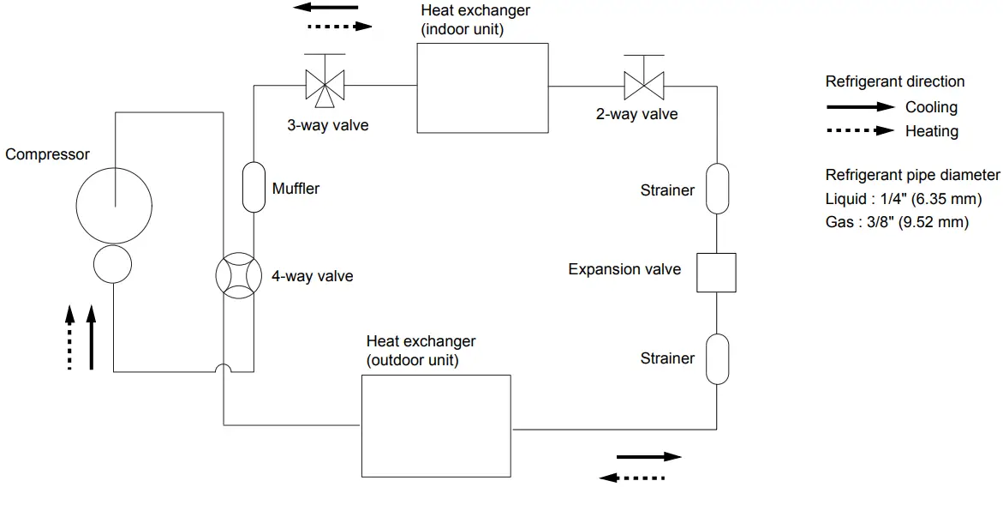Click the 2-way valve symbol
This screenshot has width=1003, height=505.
coord(644,84)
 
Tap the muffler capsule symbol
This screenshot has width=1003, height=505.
coord(254,188)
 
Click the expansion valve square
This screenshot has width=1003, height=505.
coord(716,273)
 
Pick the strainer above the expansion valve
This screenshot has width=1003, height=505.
coord(716,189)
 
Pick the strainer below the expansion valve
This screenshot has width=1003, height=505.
coord(716,358)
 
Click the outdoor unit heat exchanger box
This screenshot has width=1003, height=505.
coord(436,425)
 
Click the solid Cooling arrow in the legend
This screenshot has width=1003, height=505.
coord(860,107)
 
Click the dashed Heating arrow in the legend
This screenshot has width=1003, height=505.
coord(860,131)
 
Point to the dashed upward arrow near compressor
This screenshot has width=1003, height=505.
coord(70,339)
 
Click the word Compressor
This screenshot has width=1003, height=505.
coord(47,155)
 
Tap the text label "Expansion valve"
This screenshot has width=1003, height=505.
coord(624,269)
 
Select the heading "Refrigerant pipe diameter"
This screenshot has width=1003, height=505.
coord(912,175)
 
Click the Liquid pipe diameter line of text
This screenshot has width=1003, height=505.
coord(903,199)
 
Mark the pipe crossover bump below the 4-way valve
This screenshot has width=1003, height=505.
coord(223,369)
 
